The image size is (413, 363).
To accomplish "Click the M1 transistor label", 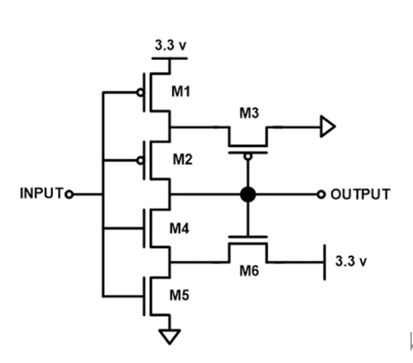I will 181,92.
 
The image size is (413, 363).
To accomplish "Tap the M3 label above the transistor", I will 248,113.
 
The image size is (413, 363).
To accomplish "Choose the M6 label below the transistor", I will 248,271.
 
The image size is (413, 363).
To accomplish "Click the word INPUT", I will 42,194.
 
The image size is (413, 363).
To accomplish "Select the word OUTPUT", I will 360,194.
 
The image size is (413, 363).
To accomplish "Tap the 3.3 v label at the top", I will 170,45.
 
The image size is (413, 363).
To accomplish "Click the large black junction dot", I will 248,194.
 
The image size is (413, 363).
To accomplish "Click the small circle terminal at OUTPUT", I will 321,194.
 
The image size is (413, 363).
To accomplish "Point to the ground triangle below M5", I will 170,336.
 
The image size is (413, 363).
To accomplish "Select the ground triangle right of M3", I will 327,127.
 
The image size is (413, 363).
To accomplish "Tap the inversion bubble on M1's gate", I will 139,93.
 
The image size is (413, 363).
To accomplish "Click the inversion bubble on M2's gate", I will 139,160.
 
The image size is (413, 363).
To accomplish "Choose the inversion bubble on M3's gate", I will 248,156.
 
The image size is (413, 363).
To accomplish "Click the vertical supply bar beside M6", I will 325,262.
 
